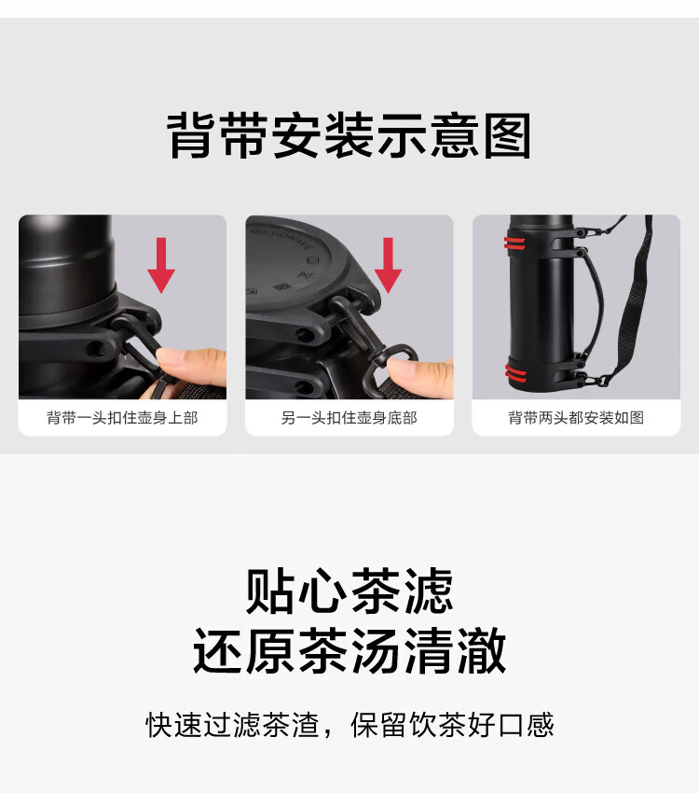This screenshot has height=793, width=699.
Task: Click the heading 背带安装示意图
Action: (x=349, y=135)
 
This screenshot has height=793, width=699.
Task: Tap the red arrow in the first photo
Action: (x=161, y=265)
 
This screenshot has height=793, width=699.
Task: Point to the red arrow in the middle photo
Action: (x=388, y=265)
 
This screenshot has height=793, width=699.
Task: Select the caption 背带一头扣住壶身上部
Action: (x=122, y=418)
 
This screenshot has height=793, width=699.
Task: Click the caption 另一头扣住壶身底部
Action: (x=349, y=418)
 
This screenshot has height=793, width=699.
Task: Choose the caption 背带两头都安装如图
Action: (x=576, y=418)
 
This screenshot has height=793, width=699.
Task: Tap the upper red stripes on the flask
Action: (x=514, y=243)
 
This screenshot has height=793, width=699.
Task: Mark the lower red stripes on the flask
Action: (x=516, y=373)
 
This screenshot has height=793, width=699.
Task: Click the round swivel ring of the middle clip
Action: (x=396, y=355)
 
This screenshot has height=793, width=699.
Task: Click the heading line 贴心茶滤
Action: (x=349, y=591)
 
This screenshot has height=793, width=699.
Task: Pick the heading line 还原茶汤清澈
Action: (x=349, y=650)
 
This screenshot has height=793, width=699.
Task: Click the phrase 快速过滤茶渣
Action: (x=232, y=725)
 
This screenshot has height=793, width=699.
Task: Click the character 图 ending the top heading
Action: (x=508, y=135)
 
